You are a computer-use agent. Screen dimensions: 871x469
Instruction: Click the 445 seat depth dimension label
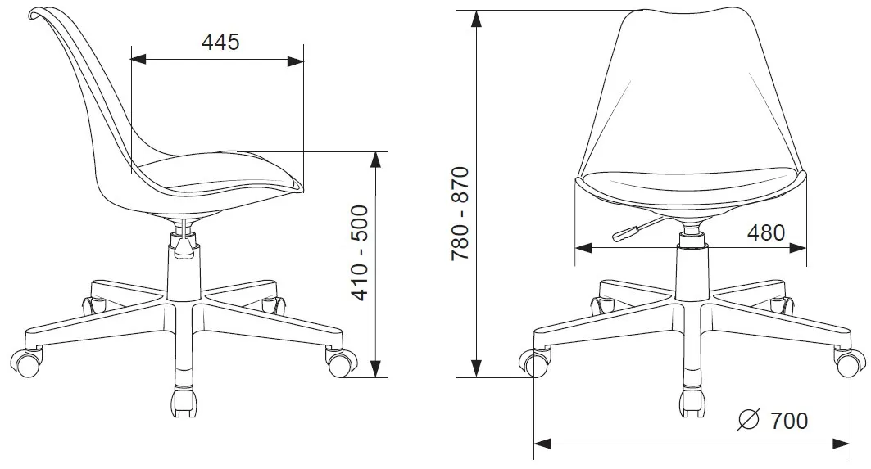tap(220, 43)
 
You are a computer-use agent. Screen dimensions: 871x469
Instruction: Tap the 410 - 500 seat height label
tap(361, 253)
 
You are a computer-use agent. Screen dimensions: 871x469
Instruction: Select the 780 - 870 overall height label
tap(460, 213)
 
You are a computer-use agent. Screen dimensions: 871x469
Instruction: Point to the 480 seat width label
tap(766, 232)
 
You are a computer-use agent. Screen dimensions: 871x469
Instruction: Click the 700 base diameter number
tap(789, 421)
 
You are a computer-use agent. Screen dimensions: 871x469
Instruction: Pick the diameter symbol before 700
tap(748, 420)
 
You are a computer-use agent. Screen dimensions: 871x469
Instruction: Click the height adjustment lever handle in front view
tap(624, 233)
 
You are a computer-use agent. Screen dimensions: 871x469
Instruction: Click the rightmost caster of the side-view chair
tap(341, 363)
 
